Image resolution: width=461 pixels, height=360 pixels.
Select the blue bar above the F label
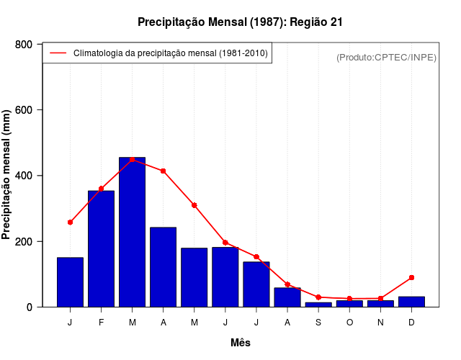(101, 248)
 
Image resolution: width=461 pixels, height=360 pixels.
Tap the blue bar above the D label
(411, 302)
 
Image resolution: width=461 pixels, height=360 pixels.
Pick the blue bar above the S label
(318, 305)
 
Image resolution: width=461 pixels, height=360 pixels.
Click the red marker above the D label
(411, 277)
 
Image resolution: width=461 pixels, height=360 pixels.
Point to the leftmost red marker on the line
(70, 222)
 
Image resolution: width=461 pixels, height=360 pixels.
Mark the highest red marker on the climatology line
(132, 159)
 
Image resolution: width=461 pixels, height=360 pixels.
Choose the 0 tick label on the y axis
(30, 307)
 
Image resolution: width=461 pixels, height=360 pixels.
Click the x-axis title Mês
(241, 343)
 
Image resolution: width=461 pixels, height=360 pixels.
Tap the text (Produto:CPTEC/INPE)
(387, 57)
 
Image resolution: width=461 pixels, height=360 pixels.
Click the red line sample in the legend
(58, 53)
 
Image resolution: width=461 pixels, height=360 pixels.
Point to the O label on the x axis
(349, 322)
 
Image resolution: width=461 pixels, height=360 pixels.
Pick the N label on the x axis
(380, 322)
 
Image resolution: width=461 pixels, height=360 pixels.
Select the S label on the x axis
(318, 322)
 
